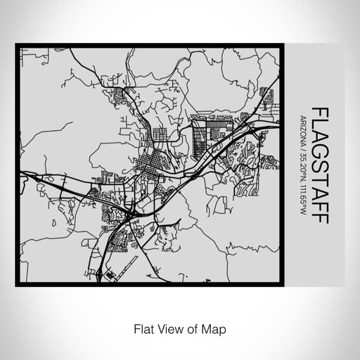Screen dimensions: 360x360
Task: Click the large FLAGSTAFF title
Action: pyautogui.click(x=320, y=165)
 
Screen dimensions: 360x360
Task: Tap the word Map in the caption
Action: pyautogui.click(x=214, y=328)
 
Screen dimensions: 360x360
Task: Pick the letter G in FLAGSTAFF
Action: pyautogui.click(x=320, y=153)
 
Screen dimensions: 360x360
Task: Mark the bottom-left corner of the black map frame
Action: pyautogui.click(x=18, y=285)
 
